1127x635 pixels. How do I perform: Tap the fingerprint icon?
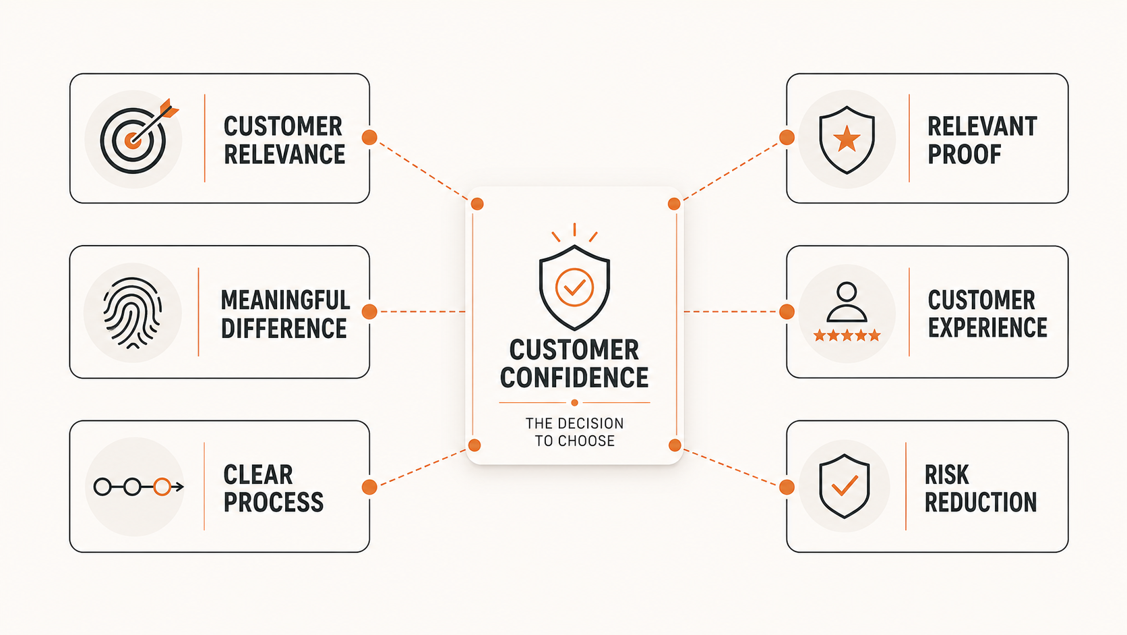(132, 312)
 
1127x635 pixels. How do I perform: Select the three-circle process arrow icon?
(138, 487)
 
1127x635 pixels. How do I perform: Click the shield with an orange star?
(847, 140)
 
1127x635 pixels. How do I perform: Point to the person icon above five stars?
(847, 302)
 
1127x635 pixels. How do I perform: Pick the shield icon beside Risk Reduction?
(845, 486)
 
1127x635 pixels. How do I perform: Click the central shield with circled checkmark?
(574, 287)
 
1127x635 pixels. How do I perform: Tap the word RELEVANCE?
(284, 154)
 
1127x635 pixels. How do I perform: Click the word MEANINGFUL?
(285, 300)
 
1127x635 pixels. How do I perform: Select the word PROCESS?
(273, 502)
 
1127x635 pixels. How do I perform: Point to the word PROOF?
(964, 154)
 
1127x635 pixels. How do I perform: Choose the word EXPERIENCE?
(987, 327)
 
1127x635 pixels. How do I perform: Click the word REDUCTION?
(981, 502)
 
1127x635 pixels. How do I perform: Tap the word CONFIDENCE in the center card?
(574, 378)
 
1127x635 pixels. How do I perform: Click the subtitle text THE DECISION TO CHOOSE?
(574, 432)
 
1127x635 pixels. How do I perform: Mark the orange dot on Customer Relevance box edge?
(369, 138)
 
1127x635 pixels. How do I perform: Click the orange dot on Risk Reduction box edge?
(787, 487)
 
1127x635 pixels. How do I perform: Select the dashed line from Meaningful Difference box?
(423, 312)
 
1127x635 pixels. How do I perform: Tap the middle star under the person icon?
(847, 335)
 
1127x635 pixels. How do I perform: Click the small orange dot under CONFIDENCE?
(574, 403)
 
